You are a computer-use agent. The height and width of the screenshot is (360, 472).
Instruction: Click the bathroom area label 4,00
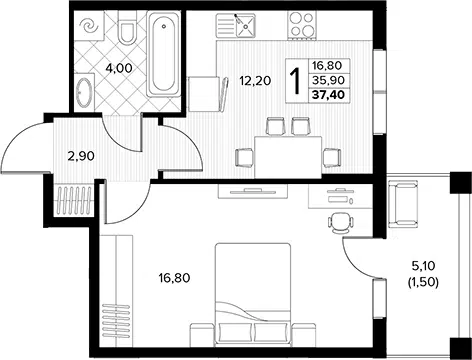tap(119, 68)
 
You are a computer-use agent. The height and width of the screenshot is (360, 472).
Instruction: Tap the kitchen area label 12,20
tap(256, 81)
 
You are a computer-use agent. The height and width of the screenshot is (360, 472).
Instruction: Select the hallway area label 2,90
tap(81, 156)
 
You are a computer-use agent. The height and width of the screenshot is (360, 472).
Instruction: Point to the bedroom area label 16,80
tap(174, 277)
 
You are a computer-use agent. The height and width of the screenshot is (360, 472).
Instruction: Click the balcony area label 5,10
tap(423, 266)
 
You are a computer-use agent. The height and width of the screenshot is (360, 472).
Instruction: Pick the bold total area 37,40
tap(328, 95)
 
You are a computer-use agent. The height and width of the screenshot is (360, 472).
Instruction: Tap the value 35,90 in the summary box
tap(328, 80)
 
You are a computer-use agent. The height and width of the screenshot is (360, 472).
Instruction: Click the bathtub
tap(163, 54)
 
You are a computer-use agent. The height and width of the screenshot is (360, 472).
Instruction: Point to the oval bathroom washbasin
tap(84, 92)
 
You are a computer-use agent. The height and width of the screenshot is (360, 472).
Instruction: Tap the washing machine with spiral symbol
tap(89, 25)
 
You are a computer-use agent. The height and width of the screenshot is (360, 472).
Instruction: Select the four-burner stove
tap(302, 25)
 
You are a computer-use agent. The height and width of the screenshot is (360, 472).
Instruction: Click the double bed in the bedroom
tap(253, 294)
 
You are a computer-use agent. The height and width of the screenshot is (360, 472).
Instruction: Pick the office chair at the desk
tap(340, 222)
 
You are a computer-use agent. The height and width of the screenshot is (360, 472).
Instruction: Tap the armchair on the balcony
tap(403, 204)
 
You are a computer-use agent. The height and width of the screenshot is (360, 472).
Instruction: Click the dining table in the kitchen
tap(288, 157)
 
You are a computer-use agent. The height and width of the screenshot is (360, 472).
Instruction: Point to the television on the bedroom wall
tap(252, 191)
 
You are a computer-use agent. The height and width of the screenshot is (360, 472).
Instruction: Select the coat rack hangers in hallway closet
tap(75, 200)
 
